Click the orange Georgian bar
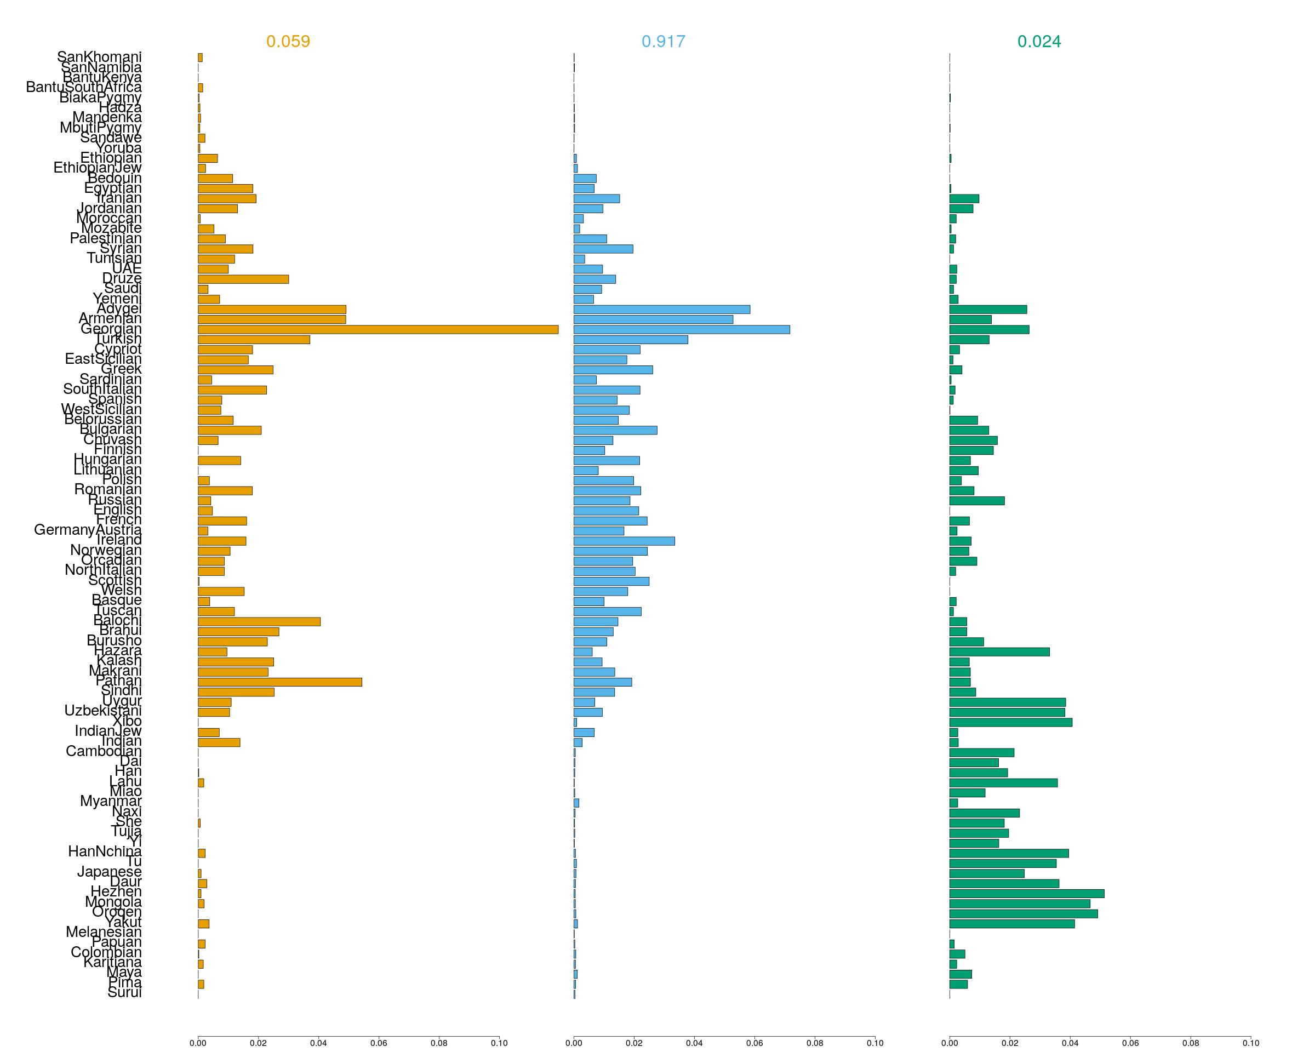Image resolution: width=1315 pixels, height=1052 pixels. click(378, 329)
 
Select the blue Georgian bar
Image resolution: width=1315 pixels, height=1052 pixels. click(681, 329)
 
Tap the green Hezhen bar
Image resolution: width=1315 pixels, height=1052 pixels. click(1026, 894)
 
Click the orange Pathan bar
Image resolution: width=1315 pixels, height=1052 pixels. click(279, 682)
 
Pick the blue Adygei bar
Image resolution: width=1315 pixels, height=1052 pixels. click(662, 309)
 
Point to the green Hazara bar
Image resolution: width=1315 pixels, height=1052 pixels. click(999, 652)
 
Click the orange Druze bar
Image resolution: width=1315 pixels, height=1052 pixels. click(243, 279)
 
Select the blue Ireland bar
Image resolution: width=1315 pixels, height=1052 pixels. click(624, 541)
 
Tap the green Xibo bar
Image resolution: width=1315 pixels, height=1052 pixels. click(1011, 722)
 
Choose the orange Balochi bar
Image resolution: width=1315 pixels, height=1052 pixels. click(259, 621)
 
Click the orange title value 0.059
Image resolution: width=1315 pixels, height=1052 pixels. click(288, 42)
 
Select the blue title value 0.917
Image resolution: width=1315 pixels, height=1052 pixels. click(663, 42)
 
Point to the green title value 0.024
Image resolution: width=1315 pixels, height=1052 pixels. click(1039, 42)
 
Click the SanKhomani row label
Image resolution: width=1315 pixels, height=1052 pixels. click(99, 57)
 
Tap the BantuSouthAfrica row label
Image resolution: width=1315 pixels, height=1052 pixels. click(84, 87)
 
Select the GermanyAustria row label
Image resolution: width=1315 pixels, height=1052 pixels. click(87, 529)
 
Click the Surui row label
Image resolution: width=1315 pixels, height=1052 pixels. click(124, 992)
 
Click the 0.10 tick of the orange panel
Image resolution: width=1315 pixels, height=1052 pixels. click(499, 1043)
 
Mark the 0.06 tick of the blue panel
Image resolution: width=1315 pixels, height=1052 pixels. click(754, 1043)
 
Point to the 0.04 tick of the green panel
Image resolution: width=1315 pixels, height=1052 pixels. click(1070, 1043)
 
